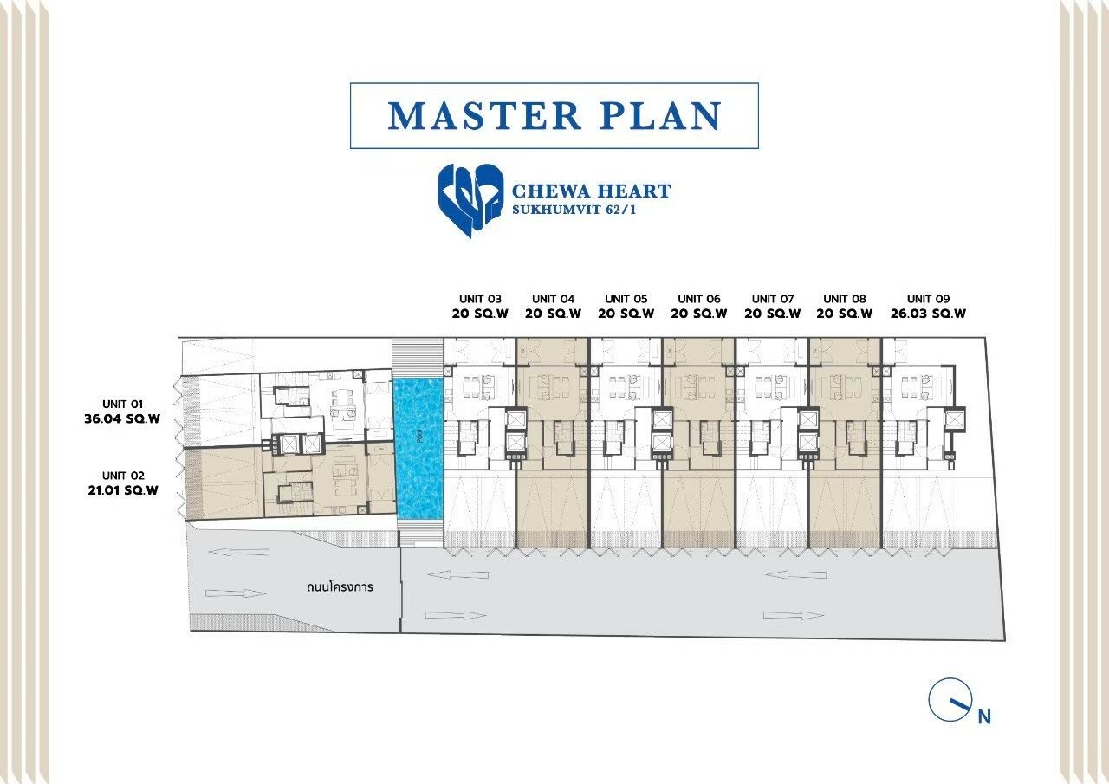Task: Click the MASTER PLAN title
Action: [x=554, y=116]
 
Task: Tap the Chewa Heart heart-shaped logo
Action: [x=470, y=200]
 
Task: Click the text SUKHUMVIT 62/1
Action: [x=574, y=210]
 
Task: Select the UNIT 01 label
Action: [x=122, y=404]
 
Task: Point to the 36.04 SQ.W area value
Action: [x=122, y=418]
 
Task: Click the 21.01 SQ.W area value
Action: [x=123, y=490]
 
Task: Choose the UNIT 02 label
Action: [x=123, y=476]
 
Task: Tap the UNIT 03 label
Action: [x=480, y=299]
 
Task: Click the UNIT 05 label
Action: [x=626, y=299]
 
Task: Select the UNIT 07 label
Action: [x=772, y=299]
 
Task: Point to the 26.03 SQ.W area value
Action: [x=928, y=314]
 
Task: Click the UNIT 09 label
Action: [x=928, y=299]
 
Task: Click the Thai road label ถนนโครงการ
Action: [x=340, y=587]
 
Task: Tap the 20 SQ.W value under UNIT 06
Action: [x=699, y=314]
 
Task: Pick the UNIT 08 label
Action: [x=845, y=299]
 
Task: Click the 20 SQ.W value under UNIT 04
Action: [x=553, y=314]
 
